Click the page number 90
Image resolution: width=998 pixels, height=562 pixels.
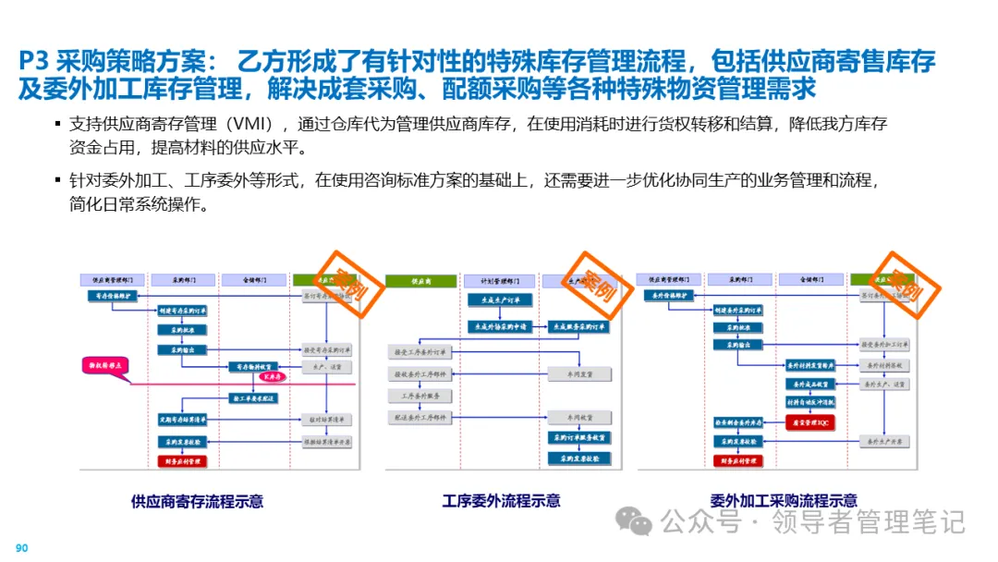coord(22,548)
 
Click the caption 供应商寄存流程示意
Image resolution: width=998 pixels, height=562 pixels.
coord(197,501)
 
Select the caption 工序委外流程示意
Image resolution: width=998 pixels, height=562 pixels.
coord(501,501)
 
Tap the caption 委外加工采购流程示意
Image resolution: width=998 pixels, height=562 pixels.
coord(783,501)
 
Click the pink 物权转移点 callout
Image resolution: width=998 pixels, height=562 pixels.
coord(103,367)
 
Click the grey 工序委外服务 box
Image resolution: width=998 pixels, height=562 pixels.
coord(420,396)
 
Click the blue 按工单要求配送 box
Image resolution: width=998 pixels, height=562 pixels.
coord(252,397)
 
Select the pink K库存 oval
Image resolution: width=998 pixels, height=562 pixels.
coord(273,377)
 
